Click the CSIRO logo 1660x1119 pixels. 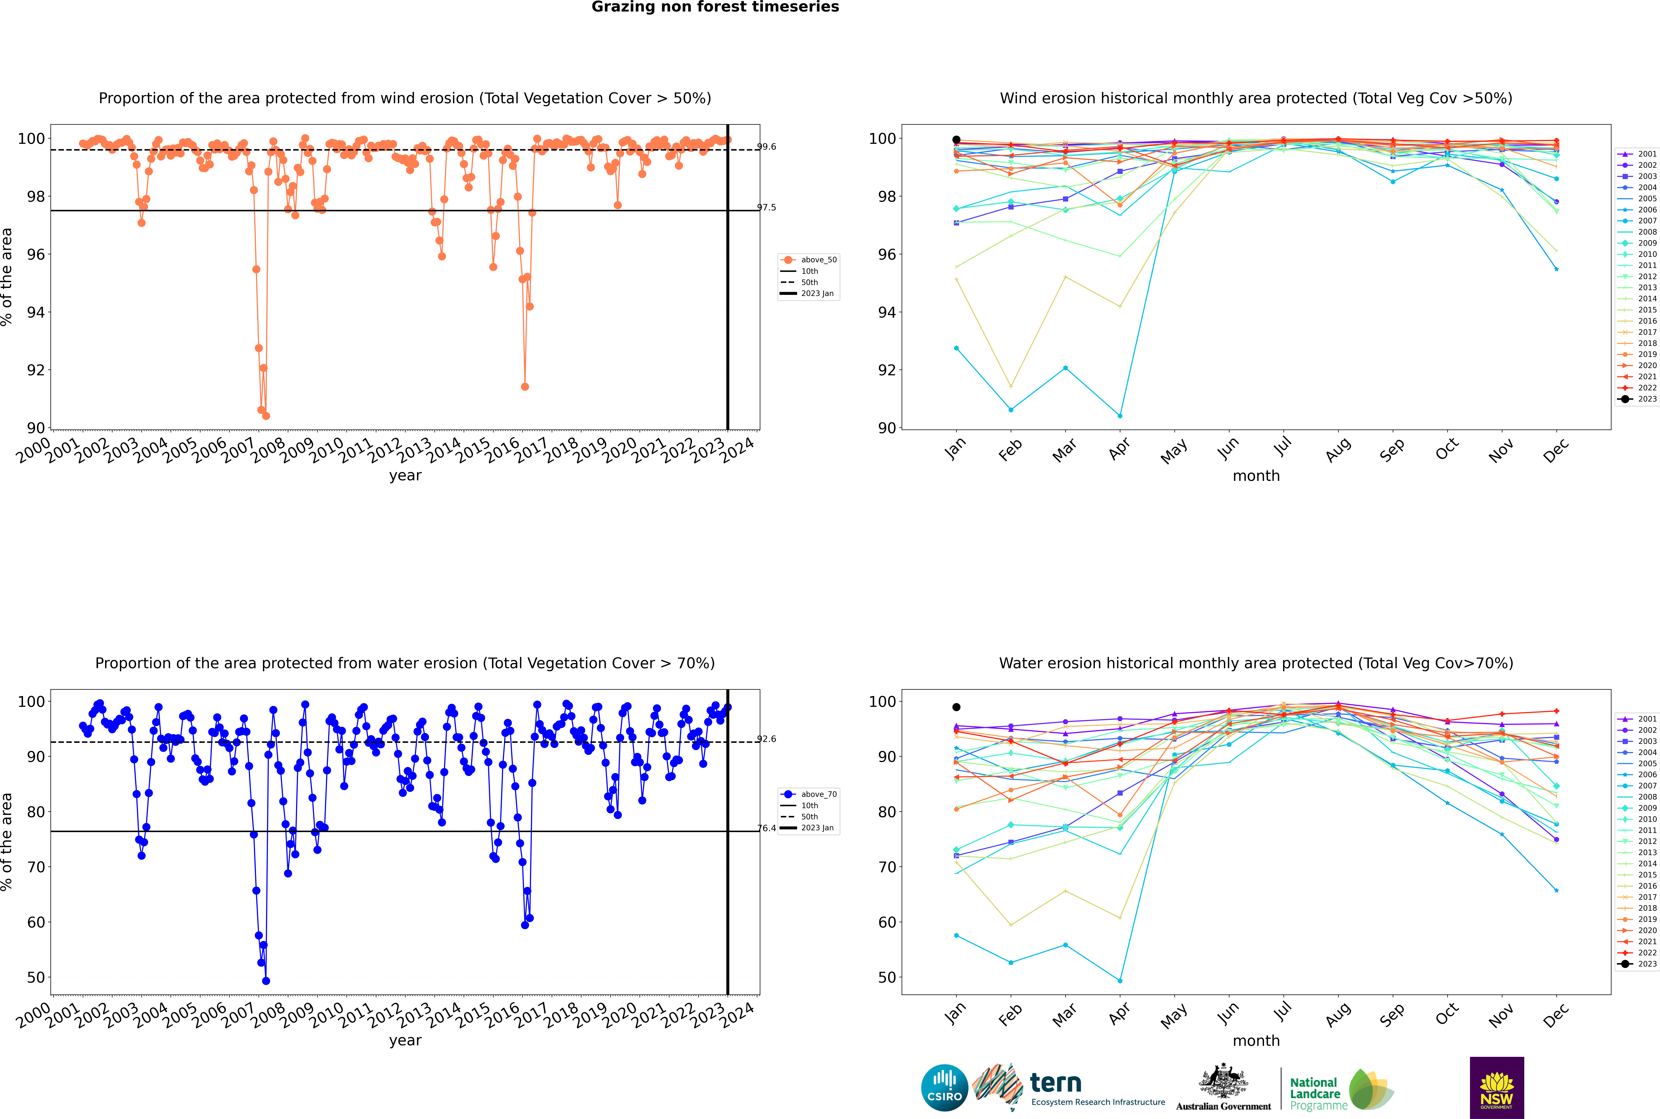click(944, 1088)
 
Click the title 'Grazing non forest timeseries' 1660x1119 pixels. click(715, 7)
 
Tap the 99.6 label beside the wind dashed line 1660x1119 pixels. click(767, 147)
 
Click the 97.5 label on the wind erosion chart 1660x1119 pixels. click(767, 208)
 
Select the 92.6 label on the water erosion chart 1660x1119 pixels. click(767, 739)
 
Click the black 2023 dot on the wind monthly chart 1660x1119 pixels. click(956, 140)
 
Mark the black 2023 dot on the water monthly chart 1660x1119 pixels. click(956, 707)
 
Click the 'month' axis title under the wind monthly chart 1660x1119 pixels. click(1256, 476)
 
